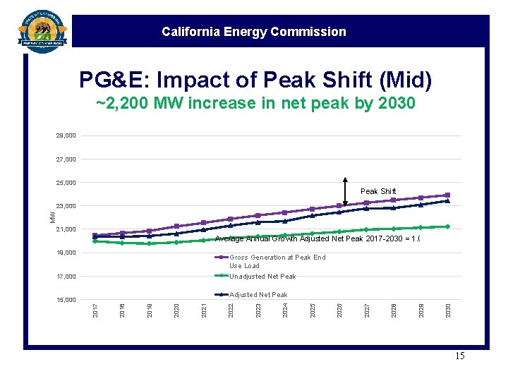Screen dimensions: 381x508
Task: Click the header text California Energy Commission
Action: coord(253,32)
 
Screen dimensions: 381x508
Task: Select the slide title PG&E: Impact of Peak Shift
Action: coord(255,80)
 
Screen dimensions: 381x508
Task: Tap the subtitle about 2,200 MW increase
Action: coord(255,104)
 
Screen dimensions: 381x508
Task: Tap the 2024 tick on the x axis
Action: coord(285,309)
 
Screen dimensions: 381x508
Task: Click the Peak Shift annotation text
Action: coord(378,191)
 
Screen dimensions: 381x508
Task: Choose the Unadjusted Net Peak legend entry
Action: coord(262,277)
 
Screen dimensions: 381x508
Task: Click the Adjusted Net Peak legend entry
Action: coord(258,295)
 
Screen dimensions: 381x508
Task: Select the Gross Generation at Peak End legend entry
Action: coord(277,261)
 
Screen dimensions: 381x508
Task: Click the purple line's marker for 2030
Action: coord(447,195)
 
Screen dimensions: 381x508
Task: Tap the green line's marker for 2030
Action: coord(447,226)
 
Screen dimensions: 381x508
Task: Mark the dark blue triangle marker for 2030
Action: coord(447,201)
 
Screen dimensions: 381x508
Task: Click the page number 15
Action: coord(459,356)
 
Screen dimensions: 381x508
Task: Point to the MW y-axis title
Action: coord(53,216)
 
